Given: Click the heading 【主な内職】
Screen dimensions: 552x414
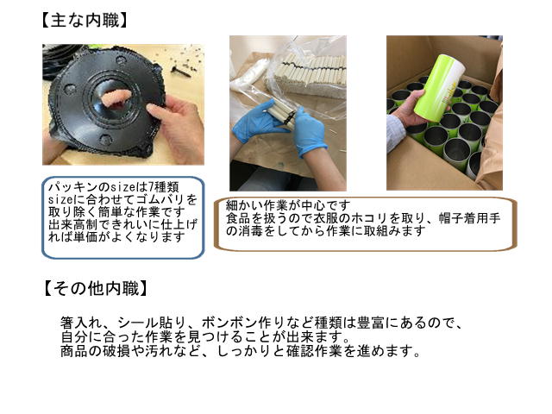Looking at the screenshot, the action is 84,21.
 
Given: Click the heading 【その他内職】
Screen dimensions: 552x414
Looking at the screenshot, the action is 95,289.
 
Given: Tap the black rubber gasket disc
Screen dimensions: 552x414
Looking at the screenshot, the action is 105,102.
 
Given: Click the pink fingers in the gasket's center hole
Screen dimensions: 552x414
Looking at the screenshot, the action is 116,97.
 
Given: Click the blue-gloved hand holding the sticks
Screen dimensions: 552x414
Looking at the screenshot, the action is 310,133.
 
